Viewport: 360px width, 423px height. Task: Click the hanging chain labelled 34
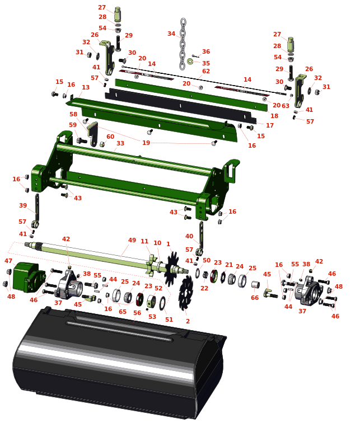[x=183, y=44]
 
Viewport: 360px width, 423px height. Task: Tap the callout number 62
[x=206, y=71]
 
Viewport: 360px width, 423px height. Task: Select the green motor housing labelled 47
[x=29, y=277]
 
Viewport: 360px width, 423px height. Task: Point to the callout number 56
[x=137, y=313]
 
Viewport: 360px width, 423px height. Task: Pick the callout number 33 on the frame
[x=120, y=143]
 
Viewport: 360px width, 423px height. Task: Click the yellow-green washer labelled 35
[x=190, y=62]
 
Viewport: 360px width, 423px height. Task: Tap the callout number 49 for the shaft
[x=132, y=240]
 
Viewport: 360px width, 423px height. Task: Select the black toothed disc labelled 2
[x=186, y=293]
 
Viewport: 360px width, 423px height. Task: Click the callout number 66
[x=255, y=298]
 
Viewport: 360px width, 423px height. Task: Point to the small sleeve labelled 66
[x=255, y=285]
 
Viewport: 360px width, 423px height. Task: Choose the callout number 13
[x=86, y=87]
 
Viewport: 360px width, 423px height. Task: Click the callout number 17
[x=270, y=125]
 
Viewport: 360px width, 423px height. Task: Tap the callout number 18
[x=274, y=116]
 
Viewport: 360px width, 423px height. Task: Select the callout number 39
[x=23, y=205]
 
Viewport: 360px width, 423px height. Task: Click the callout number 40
[x=189, y=236]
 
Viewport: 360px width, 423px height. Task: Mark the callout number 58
[x=73, y=114]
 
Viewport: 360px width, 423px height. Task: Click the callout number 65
[x=123, y=312]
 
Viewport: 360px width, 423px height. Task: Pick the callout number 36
[x=206, y=51]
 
